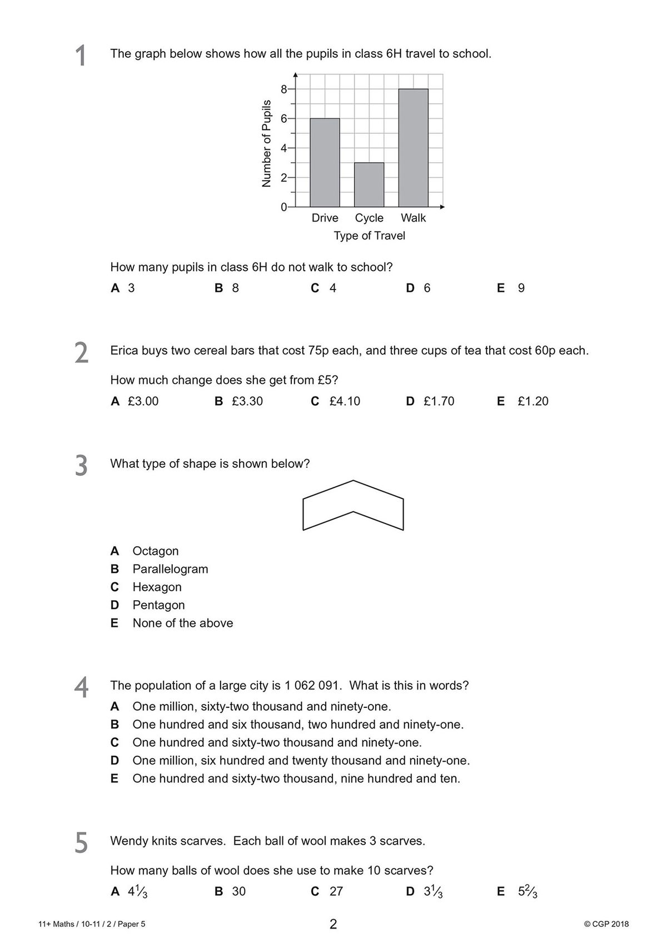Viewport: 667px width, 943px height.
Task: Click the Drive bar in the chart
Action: click(325, 162)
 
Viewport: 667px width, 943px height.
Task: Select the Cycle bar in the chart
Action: click(369, 184)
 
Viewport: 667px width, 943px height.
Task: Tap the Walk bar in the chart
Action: click(413, 148)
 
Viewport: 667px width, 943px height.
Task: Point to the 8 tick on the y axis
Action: click(283, 89)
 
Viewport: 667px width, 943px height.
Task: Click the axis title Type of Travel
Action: click(369, 236)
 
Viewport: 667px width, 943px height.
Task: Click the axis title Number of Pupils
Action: click(266, 143)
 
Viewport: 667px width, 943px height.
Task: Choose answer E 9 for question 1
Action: click(511, 288)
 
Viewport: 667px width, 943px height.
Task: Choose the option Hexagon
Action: click(157, 587)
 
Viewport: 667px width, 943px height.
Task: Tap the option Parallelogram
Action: click(170, 569)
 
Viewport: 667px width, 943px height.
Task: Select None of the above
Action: click(182, 623)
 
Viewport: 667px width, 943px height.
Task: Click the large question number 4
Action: click(81, 687)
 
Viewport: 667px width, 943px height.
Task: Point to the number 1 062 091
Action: click(311, 685)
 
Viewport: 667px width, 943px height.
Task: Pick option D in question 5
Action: click(425, 891)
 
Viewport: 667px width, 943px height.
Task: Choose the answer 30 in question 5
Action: click(238, 891)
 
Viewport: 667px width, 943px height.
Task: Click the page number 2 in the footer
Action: click(333, 925)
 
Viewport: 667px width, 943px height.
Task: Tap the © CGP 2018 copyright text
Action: click(606, 924)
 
